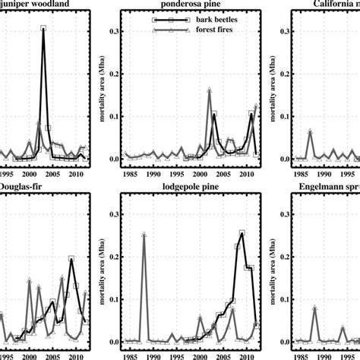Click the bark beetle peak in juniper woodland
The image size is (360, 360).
click(x=43, y=28)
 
